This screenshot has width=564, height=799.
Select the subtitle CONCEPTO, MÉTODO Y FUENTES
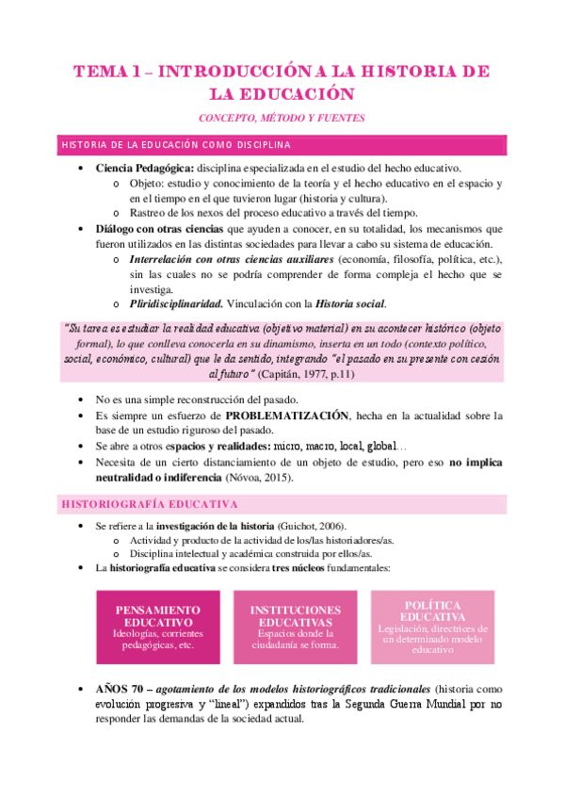282,118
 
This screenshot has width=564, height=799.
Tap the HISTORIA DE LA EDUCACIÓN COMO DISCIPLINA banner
282,145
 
